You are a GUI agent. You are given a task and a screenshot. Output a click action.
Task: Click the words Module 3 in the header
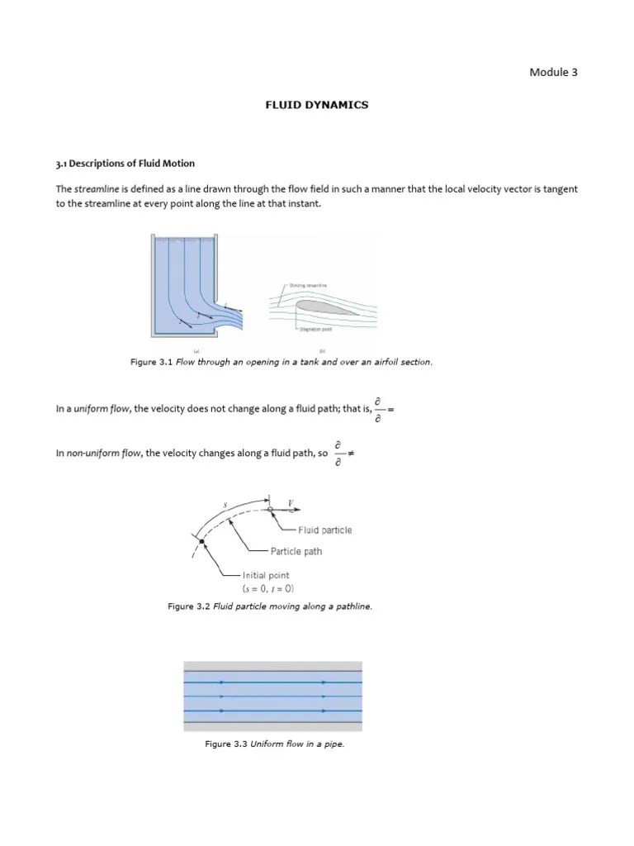tap(553, 72)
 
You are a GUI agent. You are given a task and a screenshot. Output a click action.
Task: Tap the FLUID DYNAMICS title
tap(316, 105)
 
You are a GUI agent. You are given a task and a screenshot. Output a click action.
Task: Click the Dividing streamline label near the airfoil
tap(307, 285)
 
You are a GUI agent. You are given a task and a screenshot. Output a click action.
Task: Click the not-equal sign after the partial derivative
tap(351, 454)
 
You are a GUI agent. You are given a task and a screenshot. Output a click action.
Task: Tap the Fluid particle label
tap(324, 530)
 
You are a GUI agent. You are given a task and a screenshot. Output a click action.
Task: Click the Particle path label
tap(296, 551)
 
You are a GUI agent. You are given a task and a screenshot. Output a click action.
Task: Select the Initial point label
tap(266, 575)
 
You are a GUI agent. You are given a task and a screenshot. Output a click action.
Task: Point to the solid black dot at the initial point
tap(201, 541)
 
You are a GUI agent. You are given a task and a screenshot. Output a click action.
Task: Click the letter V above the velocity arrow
tap(291, 503)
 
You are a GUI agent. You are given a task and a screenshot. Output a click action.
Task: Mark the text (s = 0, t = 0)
tap(268, 589)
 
